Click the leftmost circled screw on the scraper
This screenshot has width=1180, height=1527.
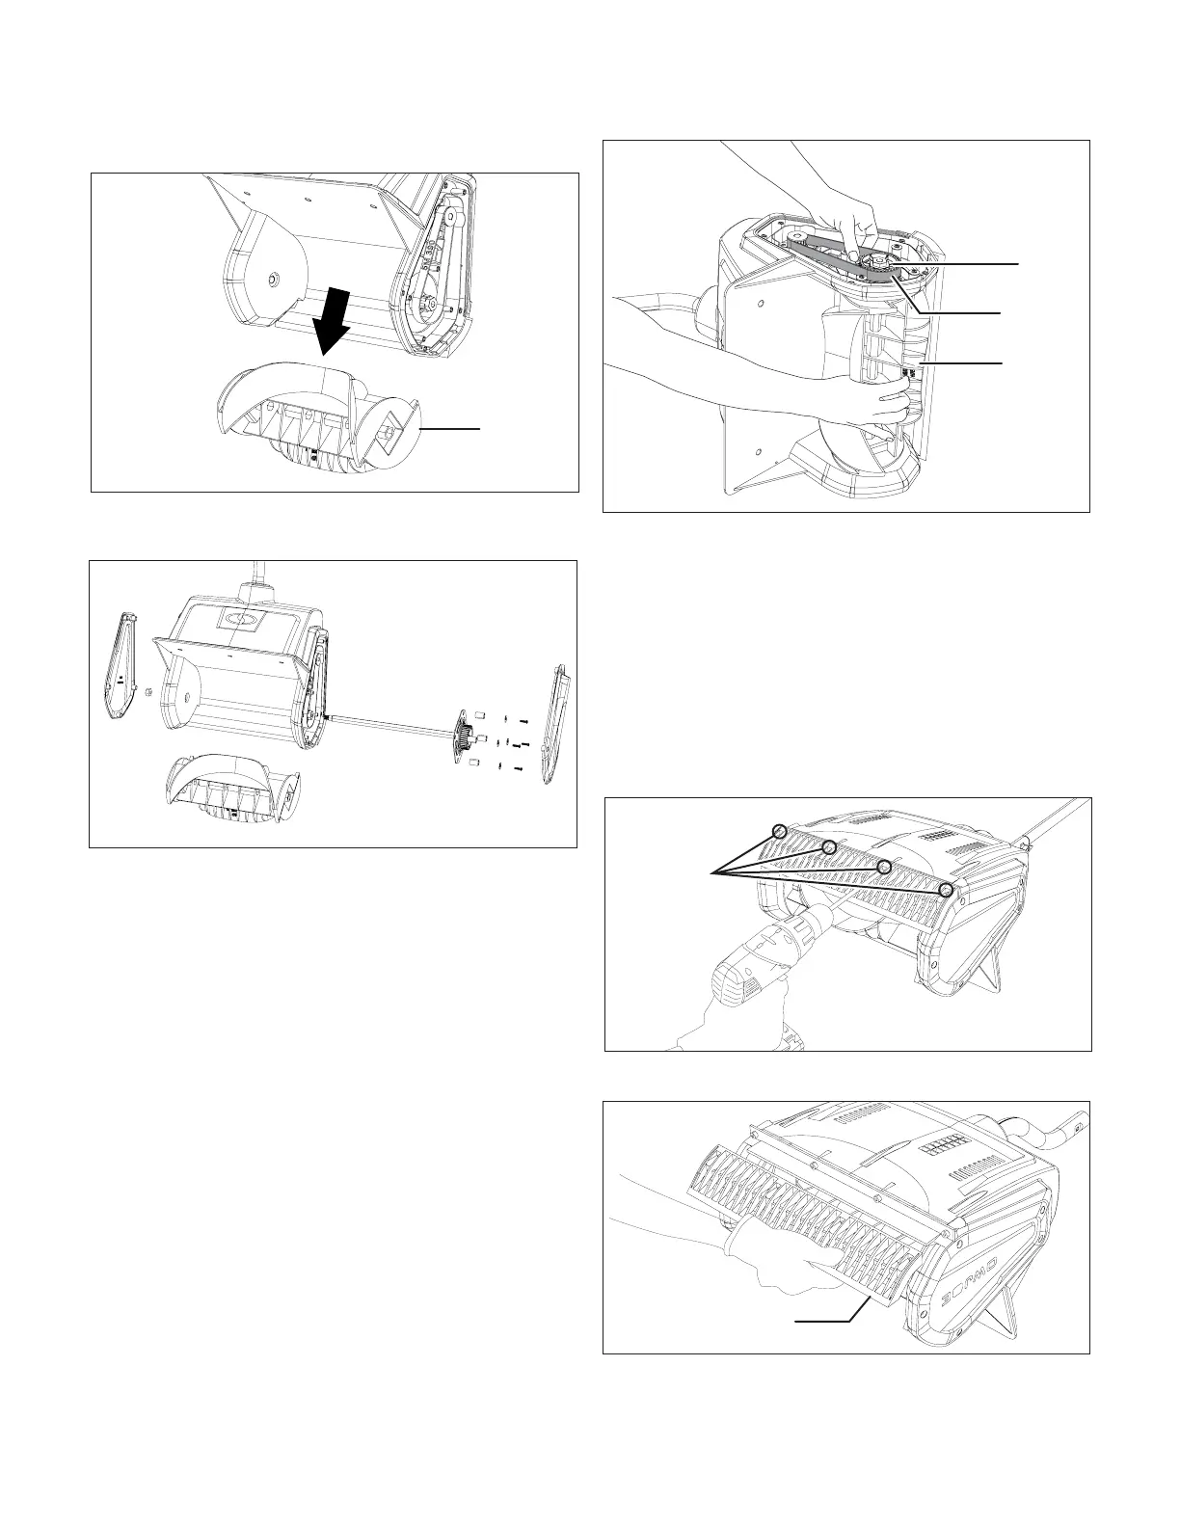tap(780, 831)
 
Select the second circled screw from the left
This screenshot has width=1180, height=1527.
tap(827, 847)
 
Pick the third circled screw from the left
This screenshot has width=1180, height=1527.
tap(883, 867)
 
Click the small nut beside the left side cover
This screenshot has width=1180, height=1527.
tap(147, 692)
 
